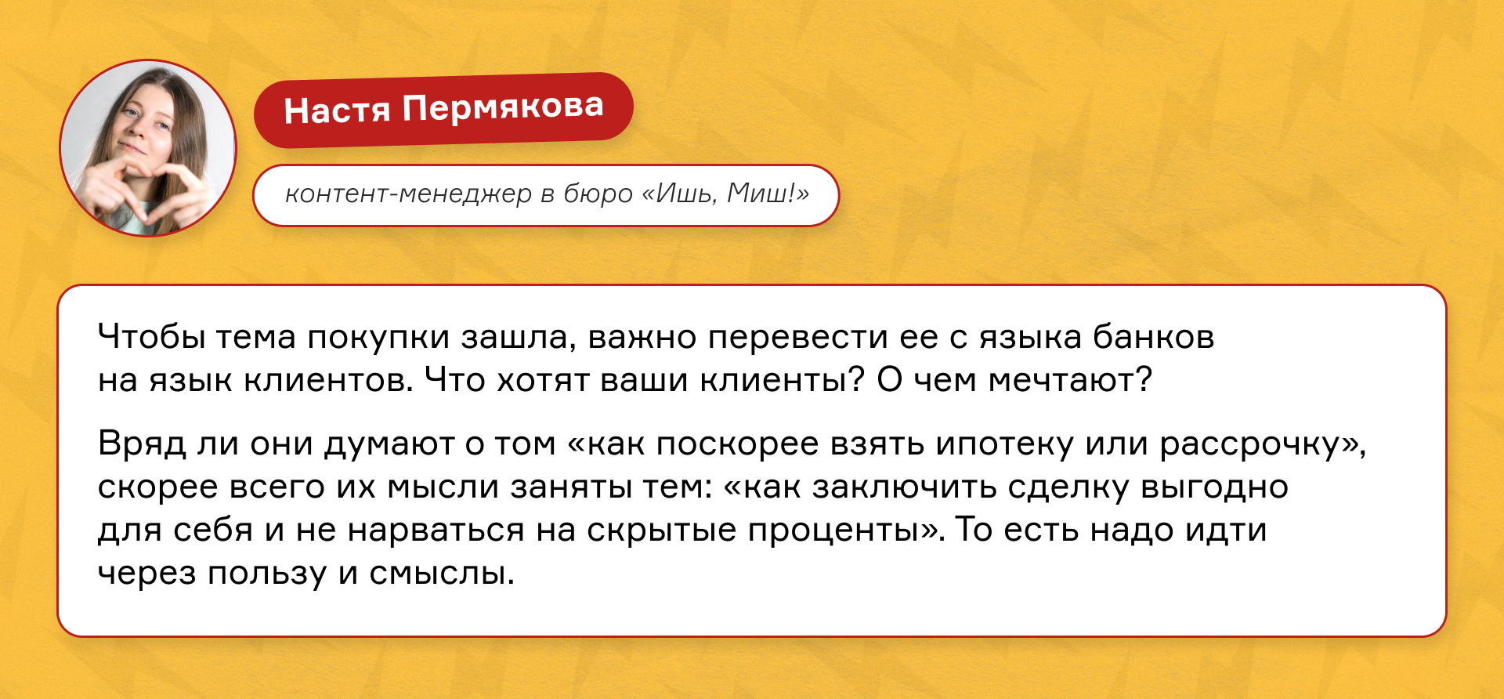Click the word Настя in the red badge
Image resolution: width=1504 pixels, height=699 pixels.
[x=337, y=110]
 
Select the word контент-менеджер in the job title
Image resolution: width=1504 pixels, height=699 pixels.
[x=408, y=194]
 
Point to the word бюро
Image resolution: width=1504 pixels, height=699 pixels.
[x=598, y=194]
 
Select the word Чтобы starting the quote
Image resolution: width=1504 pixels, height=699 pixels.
[x=150, y=337]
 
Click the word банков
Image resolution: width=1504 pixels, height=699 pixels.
[x=1153, y=337]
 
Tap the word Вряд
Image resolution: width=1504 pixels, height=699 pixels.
[x=142, y=444]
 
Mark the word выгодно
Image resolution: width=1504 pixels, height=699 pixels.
[x=1214, y=487]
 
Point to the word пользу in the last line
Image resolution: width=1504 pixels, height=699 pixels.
[x=266, y=574]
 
